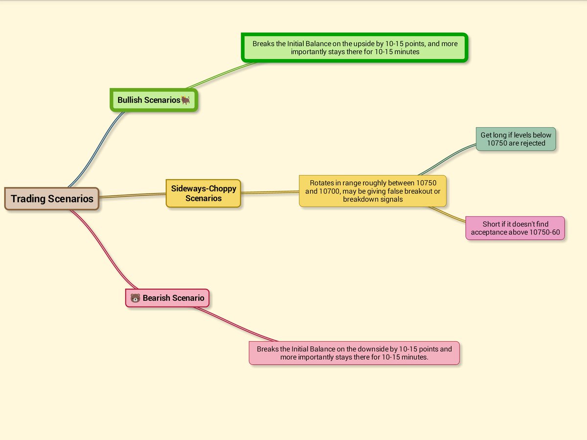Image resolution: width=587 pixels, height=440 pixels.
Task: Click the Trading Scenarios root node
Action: (52, 199)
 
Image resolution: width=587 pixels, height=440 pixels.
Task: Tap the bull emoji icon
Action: (186, 100)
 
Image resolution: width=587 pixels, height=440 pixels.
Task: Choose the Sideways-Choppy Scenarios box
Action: (203, 194)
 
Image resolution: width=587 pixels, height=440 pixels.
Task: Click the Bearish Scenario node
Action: (167, 298)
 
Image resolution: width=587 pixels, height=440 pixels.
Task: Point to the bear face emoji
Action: (135, 298)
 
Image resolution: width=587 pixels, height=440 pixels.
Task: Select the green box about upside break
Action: (355, 47)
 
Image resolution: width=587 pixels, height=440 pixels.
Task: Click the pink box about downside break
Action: (354, 353)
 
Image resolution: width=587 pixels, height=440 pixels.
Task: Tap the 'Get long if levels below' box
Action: (516, 139)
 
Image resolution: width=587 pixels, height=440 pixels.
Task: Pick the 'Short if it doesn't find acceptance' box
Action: (515, 228)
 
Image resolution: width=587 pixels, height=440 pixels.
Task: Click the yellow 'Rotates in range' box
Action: (373, 191)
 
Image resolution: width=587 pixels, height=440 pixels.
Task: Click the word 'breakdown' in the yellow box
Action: (361, 199)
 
